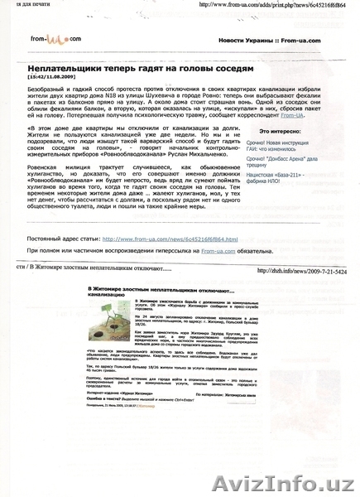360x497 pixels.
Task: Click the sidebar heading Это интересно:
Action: click(281, 132)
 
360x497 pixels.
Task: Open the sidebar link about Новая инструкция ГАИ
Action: click(282, 146)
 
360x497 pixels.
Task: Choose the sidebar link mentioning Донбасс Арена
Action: click(282, 162)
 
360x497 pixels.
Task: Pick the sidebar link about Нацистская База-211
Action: click(281, 176)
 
